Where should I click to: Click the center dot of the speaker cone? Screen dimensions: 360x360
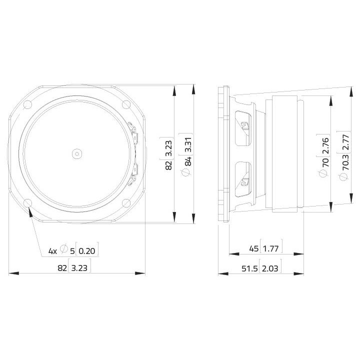[76, 153]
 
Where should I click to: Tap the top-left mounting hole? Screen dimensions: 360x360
[27, 104]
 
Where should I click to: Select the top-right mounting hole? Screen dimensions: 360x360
[126, 104]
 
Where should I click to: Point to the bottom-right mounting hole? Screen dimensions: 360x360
[126, 203]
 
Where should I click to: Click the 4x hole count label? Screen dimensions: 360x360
[52, 251]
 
